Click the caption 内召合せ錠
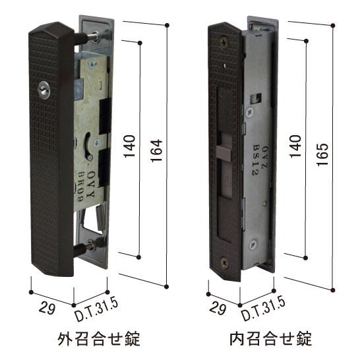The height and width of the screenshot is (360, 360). coord(270,340)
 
